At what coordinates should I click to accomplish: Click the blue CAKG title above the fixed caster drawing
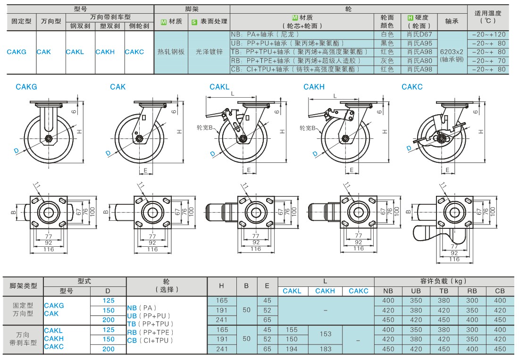tap(26, 87)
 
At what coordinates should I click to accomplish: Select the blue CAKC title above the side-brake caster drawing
tap(412, 87)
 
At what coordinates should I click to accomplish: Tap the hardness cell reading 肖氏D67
tap(419, 34)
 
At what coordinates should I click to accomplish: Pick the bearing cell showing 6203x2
tap(452, 52)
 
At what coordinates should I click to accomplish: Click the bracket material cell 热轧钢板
tap(171, 52)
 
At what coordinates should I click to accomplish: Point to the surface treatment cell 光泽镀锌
tap(209, 52)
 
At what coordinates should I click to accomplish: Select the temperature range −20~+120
tap(488, 34)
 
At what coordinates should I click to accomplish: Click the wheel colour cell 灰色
tap(387, 60)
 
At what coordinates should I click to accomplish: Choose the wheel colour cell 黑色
tap(387, 43)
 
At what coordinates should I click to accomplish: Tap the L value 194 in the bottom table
tap(292, 349)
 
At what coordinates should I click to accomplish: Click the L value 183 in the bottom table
tap(325, 349)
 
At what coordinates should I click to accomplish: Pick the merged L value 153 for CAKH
tap(325, 334)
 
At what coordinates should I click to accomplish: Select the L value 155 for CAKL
tap(292, 330)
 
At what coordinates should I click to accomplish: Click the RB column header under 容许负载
tap(472, 291)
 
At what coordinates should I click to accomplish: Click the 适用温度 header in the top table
tap(488, 17)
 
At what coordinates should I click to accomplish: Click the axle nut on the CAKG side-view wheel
tap(49, 138)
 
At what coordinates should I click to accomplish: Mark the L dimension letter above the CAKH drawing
tap(335, 96)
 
